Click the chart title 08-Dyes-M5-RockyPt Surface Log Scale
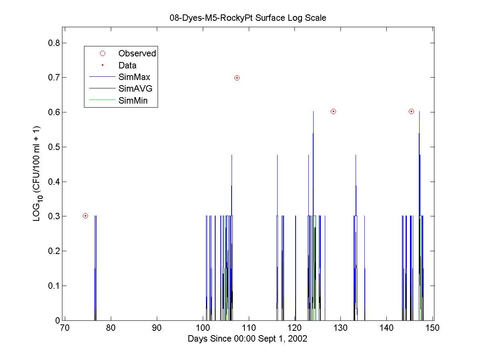click(x=248, y=18)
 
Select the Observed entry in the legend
click(x=137, y=53)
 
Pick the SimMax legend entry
click(x=134, y=77)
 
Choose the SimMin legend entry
click(x=133, y=101)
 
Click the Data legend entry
click(x=127, y=65)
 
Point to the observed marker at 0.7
click(x=237, y=78)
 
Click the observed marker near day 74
click(x=85, y=216)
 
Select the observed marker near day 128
click(x=333, y=111)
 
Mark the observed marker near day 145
click(x=411, y=111)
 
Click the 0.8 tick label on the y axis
click(x=50, y=43)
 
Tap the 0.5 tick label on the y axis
click(x=50, y=147)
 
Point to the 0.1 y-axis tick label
click(x=50, y=286)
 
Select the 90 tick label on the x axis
click(x=157, y=328)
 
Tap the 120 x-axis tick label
click(x=295, y=328)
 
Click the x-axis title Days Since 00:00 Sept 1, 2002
click(x=248, y=338)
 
